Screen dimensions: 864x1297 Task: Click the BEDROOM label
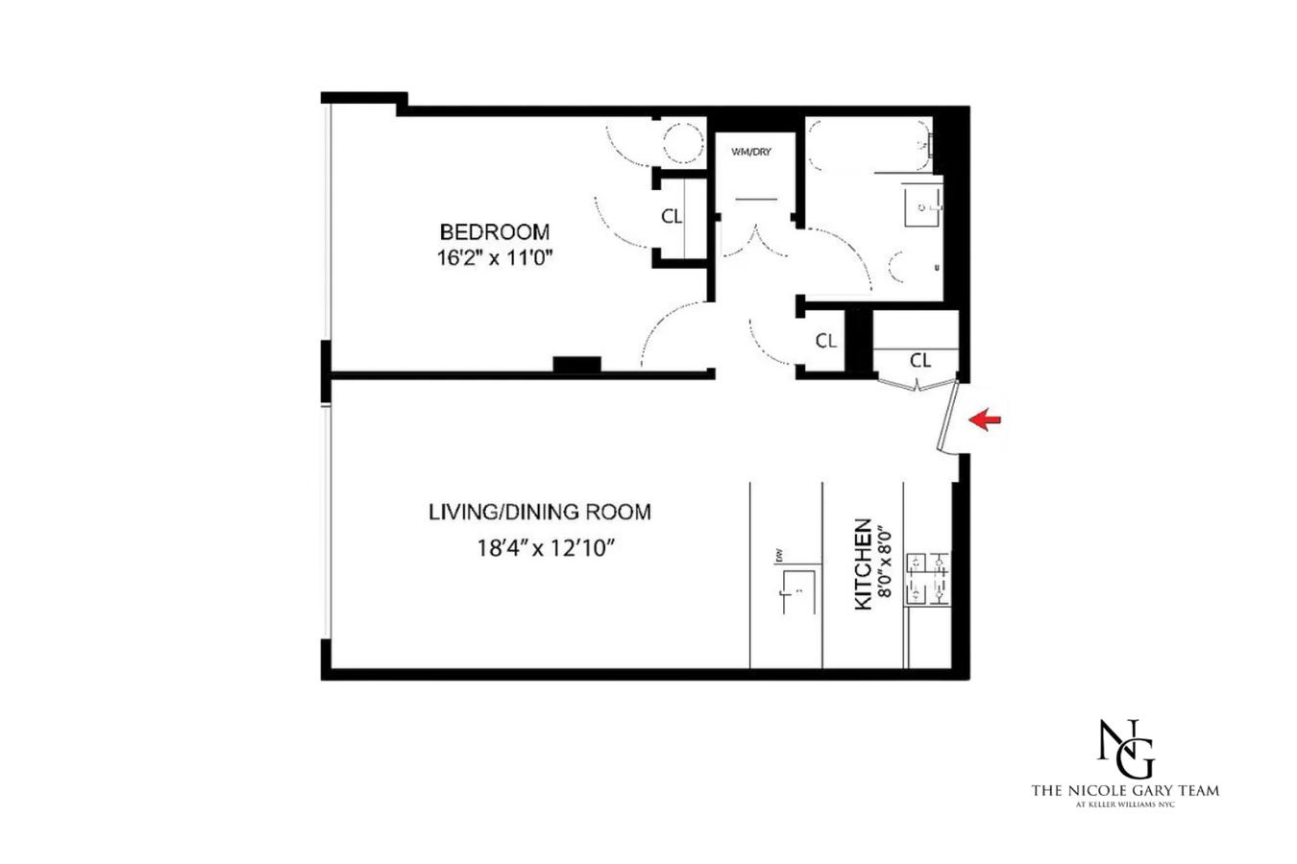pyautogui.click(x=494, y=231)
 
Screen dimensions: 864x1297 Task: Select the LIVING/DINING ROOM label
pyautogui.click(x=539, y=512)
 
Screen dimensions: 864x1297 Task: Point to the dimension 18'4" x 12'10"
pyautogui.click(x=545, y=548)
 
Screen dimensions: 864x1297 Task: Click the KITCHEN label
pyautogui.click(x=863, y=564)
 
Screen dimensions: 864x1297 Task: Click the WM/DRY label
pyautogui.click(x=750, y=152)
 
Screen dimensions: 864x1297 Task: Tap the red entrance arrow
pyautogui.click(x=985, y=420)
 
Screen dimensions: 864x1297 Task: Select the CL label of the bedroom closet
pyautogui.click(x=672, y=217)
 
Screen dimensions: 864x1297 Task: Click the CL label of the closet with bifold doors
pyautogui.click(x=919, y=360)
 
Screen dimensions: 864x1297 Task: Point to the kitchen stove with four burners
pyautogui.click(x=928, y=580)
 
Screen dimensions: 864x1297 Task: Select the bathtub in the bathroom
pyautogui.click(x=869, y=144)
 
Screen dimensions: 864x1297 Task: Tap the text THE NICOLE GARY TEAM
pyautogui.click(x=1124, y=790)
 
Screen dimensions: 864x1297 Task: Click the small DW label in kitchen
pyautogui.click(x=775, y=555)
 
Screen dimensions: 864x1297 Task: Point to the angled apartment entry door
pyautogui.click(x=949, y=417)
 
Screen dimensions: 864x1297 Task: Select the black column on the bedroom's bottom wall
pyautogui.click(x=576, y=365)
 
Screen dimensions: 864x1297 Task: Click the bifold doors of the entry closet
pyautogui.click(x=918, y=384)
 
